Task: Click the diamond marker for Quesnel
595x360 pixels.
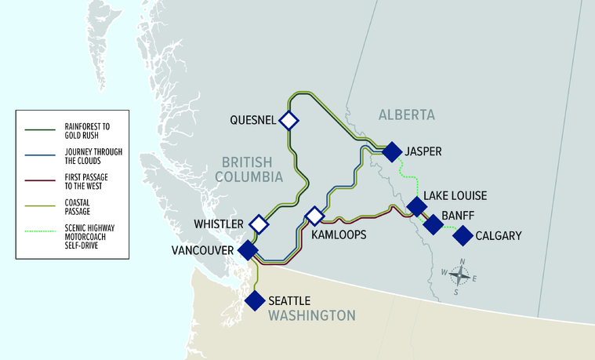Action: (x=289, y=120)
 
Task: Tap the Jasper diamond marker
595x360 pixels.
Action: (x=392, y=151)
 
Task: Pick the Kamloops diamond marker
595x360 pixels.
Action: (x=314, y=216)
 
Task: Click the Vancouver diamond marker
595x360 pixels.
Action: (x=248, y=251)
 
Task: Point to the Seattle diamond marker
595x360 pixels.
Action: (x=255, y=300)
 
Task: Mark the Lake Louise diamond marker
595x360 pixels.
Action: (x=416, y=207)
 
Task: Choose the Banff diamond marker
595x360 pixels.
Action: (x=433, y=225)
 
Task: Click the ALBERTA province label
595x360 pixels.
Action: (x=406, y=115)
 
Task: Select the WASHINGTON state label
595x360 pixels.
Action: (x=311, y=315)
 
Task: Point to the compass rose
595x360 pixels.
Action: (x=461, y=275)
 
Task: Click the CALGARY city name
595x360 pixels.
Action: (x=498, y=235)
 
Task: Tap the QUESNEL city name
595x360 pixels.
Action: (x=252, y=120)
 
